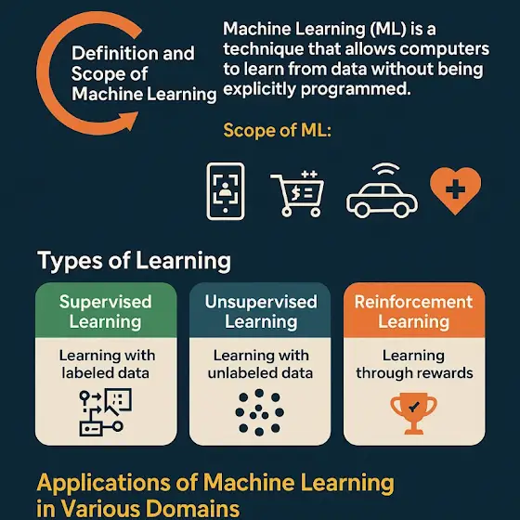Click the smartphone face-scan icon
226,191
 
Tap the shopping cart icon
297,193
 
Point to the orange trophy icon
413,413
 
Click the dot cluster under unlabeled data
259,412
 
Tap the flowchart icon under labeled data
106,412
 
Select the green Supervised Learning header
106,310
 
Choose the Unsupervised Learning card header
260,310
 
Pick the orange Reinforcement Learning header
414,310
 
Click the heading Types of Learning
134,261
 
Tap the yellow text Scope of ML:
278,130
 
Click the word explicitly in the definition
259,89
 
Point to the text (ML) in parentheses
387,29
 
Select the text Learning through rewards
414,364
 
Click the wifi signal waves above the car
385,168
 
